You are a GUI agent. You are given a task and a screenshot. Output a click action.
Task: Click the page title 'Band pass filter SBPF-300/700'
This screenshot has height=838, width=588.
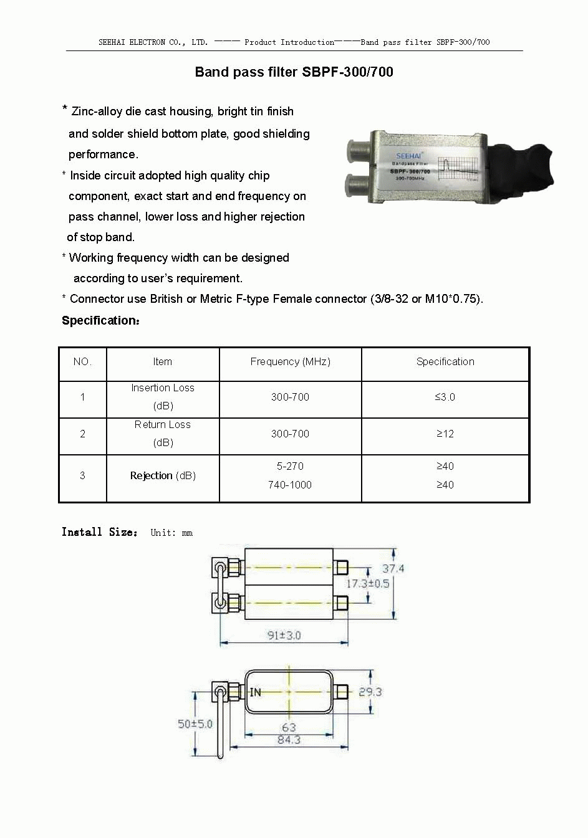pos(294,72)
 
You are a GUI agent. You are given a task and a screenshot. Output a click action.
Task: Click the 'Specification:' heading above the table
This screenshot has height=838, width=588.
pos(100,320)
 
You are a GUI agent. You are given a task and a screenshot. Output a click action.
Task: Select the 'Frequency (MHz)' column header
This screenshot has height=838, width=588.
pos(290,361)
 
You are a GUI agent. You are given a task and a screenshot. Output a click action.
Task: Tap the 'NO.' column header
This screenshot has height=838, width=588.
pos(82,361)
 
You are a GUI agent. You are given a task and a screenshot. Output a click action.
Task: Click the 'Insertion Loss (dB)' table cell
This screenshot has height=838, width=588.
pos(163,396)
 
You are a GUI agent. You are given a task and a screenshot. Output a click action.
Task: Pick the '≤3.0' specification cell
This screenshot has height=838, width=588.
pos(445,397)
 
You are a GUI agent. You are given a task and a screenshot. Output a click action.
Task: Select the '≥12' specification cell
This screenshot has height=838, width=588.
pos(445,434)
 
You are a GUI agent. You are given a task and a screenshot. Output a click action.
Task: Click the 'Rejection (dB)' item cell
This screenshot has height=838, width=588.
pos(163,475)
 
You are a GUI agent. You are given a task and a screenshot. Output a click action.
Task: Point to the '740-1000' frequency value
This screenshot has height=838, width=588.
pos(290,485)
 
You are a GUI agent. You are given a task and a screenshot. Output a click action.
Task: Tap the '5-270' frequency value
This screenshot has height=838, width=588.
pos(290,466)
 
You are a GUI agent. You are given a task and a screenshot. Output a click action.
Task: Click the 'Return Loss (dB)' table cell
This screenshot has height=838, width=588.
pos(163,433)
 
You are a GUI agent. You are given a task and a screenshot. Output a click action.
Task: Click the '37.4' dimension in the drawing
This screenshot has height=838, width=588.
pos(393,568)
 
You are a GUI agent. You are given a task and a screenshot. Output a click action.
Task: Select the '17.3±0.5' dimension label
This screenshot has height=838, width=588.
pos(368,583)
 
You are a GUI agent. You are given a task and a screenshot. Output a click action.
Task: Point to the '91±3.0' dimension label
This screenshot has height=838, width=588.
pos(284,635)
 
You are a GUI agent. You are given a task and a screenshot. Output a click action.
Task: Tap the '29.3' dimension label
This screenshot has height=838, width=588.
pos(370,692)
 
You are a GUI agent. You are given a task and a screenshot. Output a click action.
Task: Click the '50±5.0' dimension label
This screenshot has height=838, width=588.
pos(195,724)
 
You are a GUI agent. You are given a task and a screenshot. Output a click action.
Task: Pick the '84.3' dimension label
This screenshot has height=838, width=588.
pos(289,740)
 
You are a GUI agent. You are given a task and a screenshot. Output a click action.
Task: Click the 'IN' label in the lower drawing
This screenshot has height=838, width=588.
pos(256,692)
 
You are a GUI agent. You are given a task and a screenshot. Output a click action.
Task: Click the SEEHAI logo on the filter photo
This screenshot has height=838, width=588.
pos(409,156)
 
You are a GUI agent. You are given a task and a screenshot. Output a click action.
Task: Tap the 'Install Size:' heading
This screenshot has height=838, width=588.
pos(99,531)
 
